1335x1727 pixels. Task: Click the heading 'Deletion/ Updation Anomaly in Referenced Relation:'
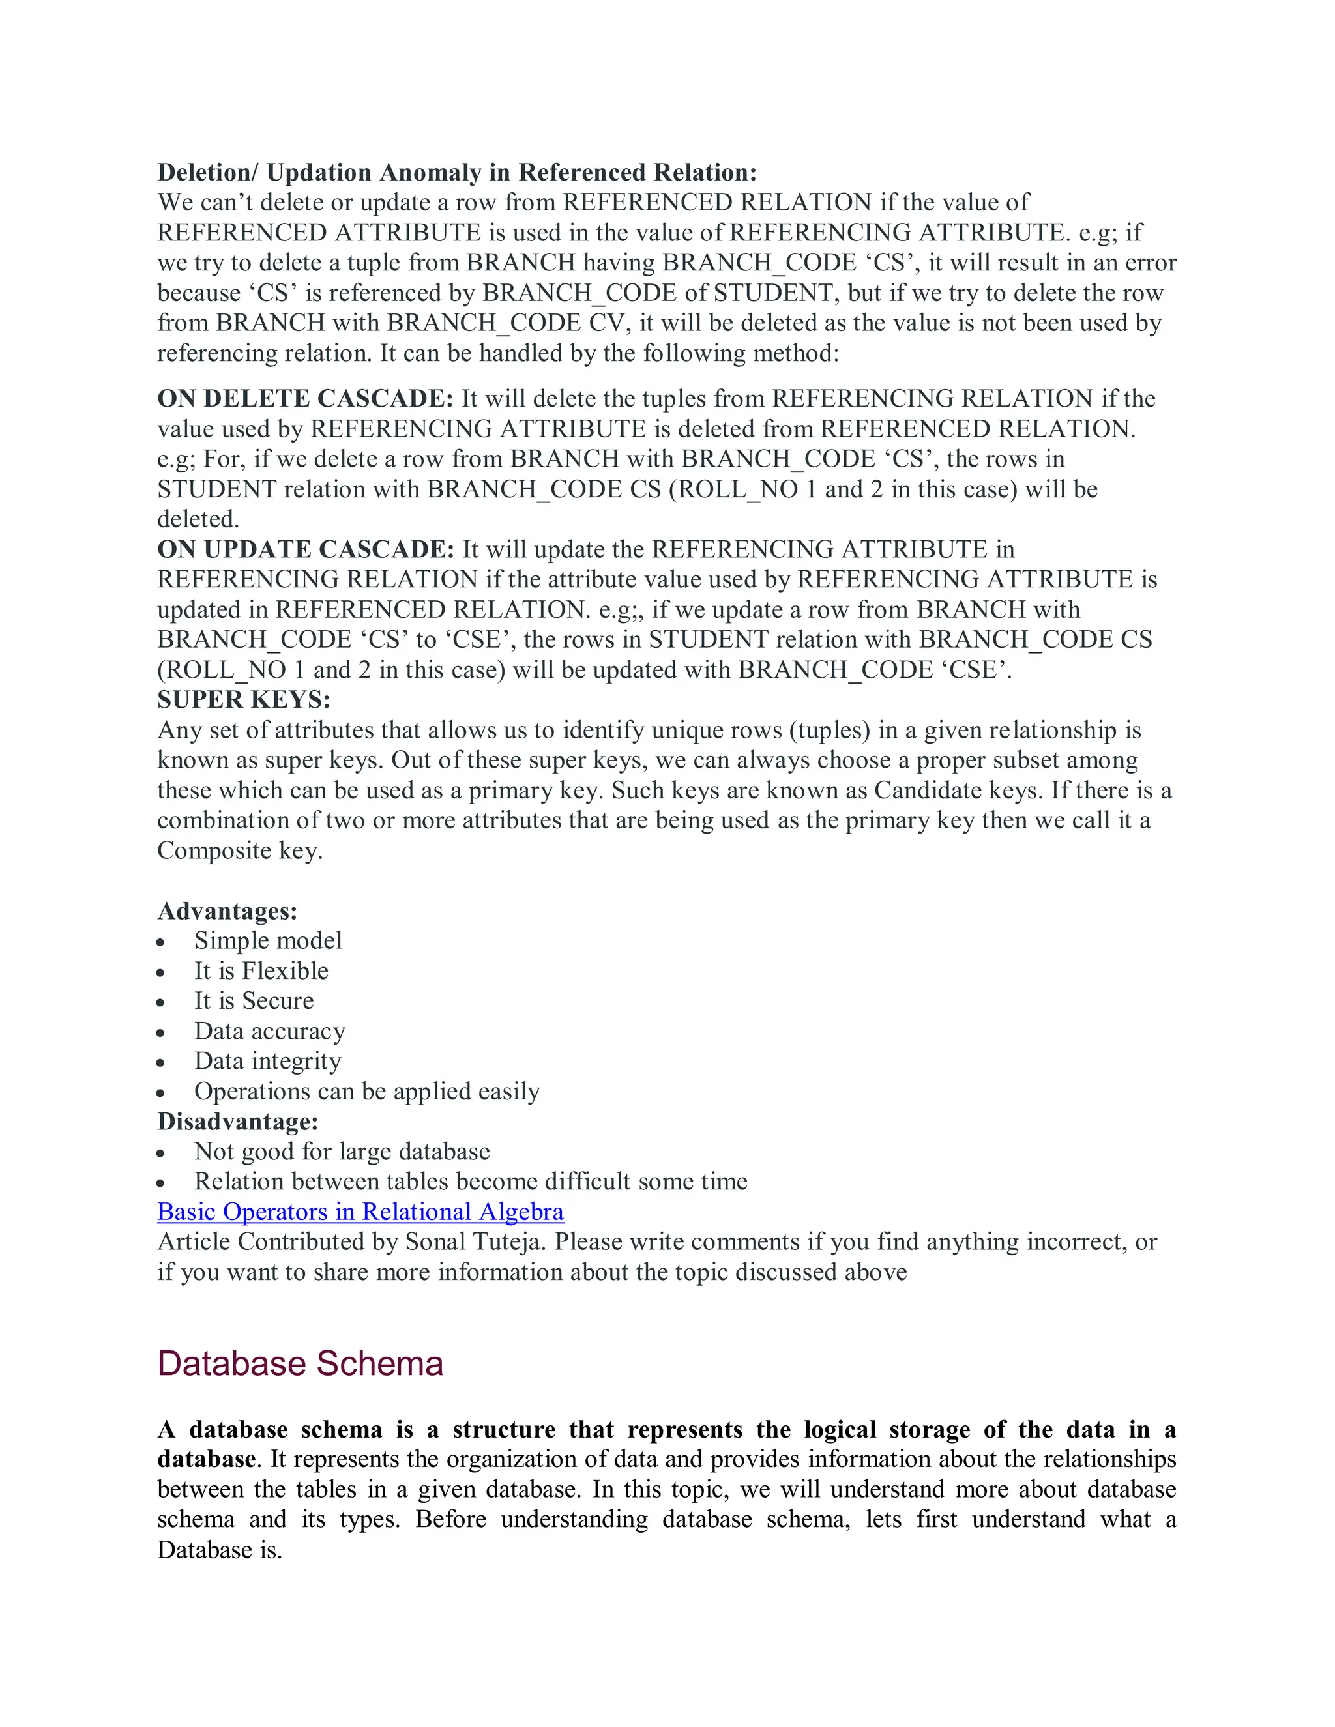(456, 173)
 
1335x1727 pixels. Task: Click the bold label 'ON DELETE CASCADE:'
(305, 399)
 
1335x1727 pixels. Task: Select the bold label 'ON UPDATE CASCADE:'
(305, 549)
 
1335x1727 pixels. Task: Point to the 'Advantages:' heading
(227, 911)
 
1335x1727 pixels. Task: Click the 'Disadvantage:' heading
(237, 1122)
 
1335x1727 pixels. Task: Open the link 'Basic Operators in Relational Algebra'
(360, 1212)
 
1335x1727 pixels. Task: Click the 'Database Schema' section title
(300, 1363)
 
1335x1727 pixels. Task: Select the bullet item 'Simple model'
(268, 940)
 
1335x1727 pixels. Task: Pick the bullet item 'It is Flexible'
(261, 970)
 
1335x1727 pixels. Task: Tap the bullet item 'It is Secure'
(254, 1000)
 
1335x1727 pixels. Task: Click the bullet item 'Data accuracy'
(270, 1031)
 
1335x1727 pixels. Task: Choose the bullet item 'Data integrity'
(267, 1061)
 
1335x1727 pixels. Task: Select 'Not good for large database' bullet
(342, 1152)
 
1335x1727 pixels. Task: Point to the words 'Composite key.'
(240, 851)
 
